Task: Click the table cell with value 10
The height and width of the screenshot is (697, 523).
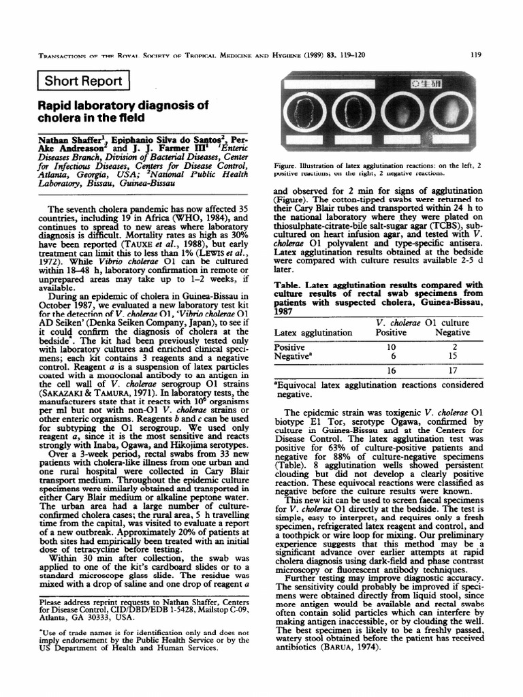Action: tap(391, 346)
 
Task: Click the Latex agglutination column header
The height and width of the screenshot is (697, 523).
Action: tap(313, 332)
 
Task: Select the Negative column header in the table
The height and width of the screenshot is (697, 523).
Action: tap(453, 332)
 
